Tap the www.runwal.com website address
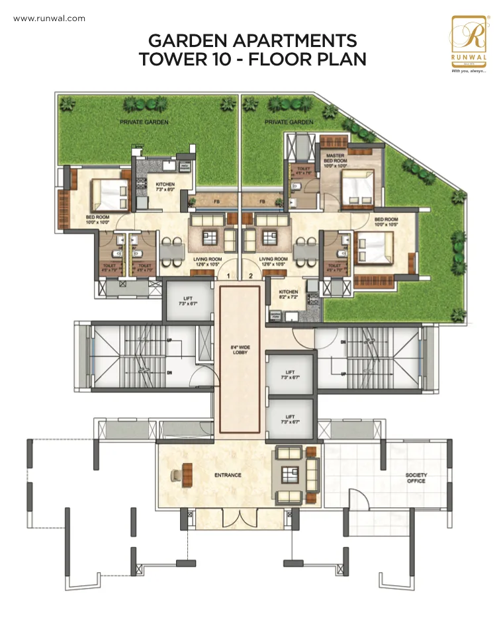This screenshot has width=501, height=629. coord(50,19)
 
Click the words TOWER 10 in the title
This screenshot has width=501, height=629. coord(187,59)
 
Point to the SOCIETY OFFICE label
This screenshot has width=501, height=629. coord(416,478)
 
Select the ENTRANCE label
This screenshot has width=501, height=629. coord(228,475)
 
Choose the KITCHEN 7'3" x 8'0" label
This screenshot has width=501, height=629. coord(165,187)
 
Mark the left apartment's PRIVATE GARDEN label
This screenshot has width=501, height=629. coord(144,122)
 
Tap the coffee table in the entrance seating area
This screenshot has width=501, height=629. coord(290,474)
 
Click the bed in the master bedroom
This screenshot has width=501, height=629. coord(357,189)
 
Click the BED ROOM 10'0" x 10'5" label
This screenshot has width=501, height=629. coord(386,222)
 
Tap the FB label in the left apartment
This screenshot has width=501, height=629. coord(216,202)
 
